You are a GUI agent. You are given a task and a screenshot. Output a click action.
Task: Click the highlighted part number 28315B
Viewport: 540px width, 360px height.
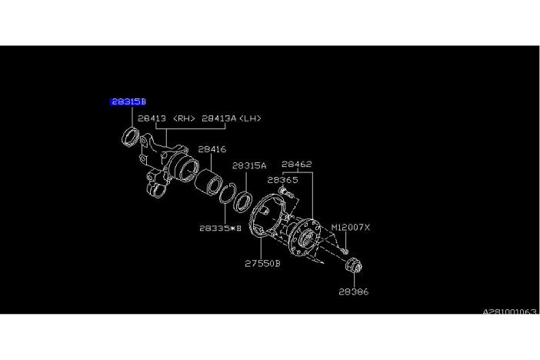point(128,102)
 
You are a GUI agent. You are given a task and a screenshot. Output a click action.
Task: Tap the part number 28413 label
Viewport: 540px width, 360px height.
point(152,118)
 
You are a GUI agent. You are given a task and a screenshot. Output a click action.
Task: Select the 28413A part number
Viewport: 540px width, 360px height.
point(218,118)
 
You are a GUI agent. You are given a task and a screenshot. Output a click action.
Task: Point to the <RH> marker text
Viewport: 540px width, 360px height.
point(184,118)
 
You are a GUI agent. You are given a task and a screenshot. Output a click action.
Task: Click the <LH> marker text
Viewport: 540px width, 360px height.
point(250,118)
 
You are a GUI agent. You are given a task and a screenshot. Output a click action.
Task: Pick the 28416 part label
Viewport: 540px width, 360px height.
point(212,149)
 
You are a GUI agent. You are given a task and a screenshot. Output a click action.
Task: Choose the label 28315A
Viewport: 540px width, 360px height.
point(249,165)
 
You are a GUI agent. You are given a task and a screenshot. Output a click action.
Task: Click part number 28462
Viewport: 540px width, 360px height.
point(296,164)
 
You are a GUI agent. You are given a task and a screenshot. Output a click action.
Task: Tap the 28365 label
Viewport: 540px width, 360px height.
point(283,180)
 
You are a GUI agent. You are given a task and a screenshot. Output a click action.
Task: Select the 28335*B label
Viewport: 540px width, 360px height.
point(221,228)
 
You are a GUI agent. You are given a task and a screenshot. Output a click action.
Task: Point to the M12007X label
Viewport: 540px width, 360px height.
point(350,228)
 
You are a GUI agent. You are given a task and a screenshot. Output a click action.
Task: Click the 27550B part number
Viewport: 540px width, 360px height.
point(262,264)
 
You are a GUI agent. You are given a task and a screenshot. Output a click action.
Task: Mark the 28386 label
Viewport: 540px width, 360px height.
point(354,292)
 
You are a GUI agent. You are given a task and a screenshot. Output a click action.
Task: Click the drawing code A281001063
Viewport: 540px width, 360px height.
point(509,312)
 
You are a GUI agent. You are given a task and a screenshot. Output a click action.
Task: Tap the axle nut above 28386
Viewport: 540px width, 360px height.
point(354,265)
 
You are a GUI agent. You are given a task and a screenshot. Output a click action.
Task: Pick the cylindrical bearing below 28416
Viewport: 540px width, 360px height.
point(208,182)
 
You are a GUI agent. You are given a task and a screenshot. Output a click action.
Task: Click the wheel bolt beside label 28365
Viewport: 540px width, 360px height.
point(286,192)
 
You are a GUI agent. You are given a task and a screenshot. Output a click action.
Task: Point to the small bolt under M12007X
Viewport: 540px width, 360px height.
point(345,251)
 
